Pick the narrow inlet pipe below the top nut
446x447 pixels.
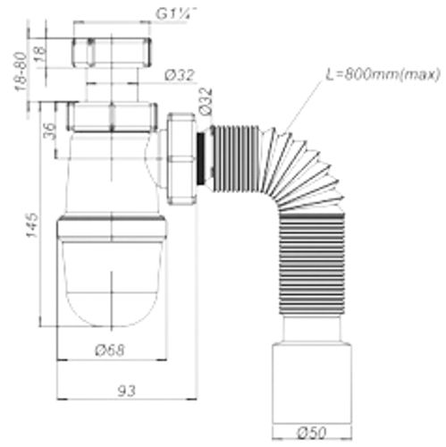[111, 88]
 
